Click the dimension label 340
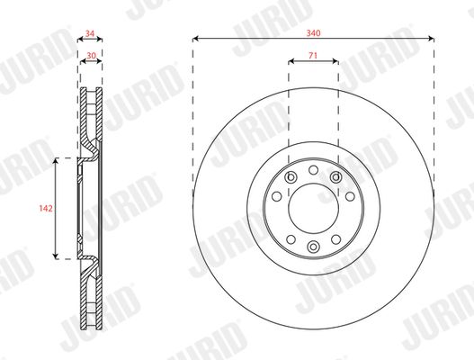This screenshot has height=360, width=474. (x=313, y=32)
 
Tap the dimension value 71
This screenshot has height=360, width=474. (x=313, y=56)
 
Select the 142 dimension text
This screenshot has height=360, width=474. (x=46, y=208)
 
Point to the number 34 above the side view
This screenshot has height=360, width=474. (x=90, y=33)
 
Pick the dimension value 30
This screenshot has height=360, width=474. (x=92, y=56)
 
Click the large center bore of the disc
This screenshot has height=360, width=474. (x=313, y=209)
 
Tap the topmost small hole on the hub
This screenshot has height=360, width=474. (x=313, y=170)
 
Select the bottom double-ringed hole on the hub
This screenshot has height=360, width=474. (x=313, y=247)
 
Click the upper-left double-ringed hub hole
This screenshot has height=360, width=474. (x=291, y=177)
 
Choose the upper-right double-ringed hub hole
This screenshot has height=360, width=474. (x=335, y=177)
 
